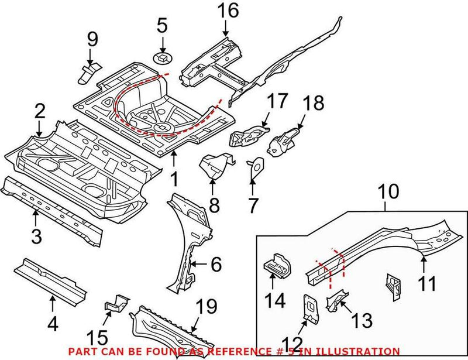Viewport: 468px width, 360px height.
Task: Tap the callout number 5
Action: coord(162,25)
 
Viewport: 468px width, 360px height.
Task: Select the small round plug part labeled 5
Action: coord(161,57)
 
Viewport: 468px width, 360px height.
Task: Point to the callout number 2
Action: coord(39,109)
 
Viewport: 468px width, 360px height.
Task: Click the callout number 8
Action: coord(214,205)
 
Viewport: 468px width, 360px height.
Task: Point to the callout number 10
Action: coord(387,191)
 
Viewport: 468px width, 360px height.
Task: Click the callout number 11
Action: coord(427,284)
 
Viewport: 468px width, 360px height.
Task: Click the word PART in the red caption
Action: coord(81,351)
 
